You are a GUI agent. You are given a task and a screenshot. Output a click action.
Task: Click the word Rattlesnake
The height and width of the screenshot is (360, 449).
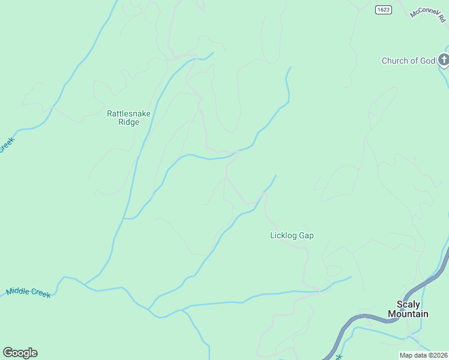(x=128, y=113)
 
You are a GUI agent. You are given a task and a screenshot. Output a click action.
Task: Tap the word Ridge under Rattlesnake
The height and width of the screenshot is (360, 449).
(x=128, y=122)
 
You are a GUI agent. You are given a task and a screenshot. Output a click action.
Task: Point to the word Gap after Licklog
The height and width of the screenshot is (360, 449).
(x=306, y=236)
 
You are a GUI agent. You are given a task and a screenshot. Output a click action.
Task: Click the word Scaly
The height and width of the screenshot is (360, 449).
(x=408, y=305)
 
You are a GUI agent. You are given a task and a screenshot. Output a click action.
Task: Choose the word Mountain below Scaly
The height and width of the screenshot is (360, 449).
(x=408, y=314)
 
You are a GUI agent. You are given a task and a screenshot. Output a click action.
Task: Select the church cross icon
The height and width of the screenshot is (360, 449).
(x=444, y=60)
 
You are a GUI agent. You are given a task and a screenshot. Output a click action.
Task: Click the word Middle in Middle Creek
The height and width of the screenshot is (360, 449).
(x=17, y=292)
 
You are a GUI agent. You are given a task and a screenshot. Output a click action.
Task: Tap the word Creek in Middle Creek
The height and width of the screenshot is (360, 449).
(x=40, y=294)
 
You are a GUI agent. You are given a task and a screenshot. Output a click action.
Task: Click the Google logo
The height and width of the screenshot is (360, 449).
(x=20, y=353)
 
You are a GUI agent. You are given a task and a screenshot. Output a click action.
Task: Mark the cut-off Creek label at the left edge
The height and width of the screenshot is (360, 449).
(x=5, y=145)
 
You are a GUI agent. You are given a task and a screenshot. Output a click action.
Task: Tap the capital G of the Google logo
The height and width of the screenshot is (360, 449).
(x=7, y=353)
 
